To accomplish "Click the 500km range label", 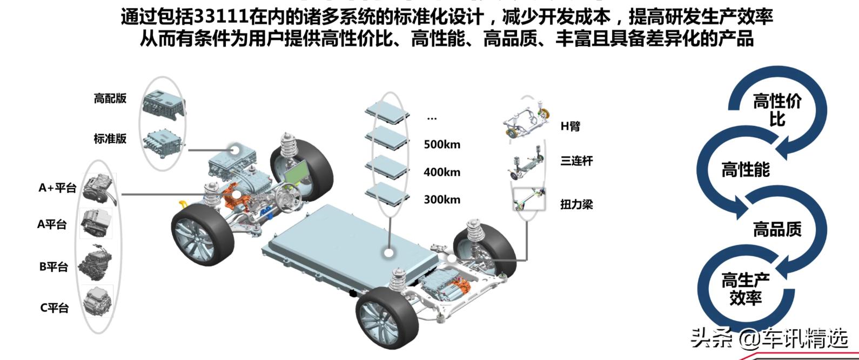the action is point(442,145).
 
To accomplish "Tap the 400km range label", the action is point(442,172).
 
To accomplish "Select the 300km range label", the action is point(442,200).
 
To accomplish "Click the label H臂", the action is point(571,126).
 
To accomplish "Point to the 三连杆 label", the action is point(576,161).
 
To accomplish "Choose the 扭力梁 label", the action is point(576,204).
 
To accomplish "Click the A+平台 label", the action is point(57,188).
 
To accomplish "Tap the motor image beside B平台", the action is point(96,264).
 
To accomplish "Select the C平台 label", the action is point(55,308).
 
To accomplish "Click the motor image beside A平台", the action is point(96,223).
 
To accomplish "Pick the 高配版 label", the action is point(110,98).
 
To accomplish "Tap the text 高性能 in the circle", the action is point(746,170).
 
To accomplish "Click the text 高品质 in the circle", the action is point(777,229).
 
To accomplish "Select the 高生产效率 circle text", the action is point(746,289).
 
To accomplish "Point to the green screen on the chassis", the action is point(297,172).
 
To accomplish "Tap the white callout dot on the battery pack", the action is point(389,253).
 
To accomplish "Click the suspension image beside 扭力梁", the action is point(529,199).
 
